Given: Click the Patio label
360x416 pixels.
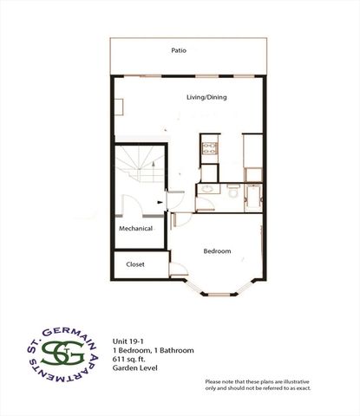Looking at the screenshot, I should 179,50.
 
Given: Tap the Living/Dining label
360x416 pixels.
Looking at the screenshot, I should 206,97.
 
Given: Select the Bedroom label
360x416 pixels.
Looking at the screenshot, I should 217,251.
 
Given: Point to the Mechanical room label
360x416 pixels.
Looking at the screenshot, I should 136,229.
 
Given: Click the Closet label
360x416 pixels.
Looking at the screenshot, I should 135,263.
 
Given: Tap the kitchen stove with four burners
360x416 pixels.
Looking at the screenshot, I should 212,146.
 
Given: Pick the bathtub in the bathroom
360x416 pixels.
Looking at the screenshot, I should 253,198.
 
